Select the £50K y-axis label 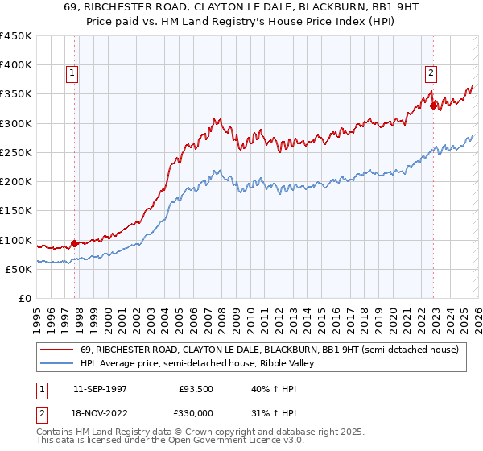click(19, 269)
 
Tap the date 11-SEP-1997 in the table click(101, 387)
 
